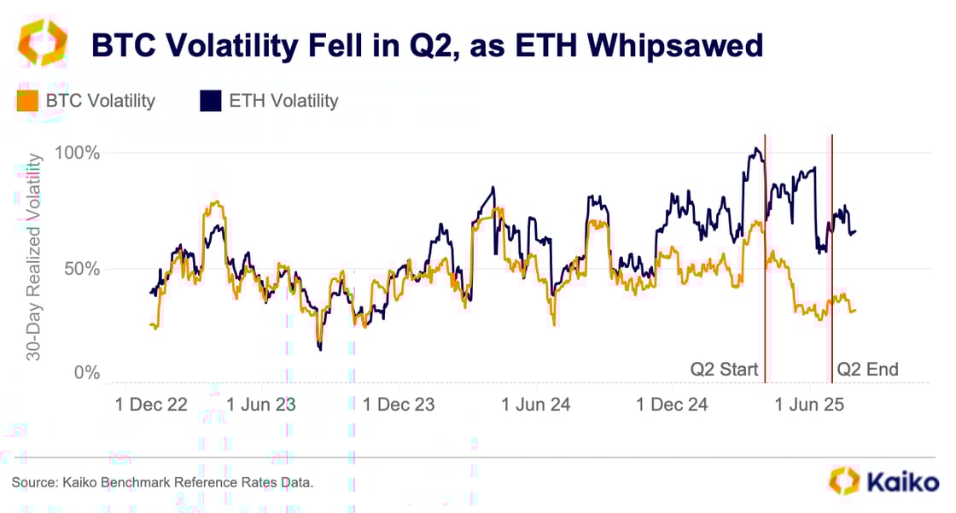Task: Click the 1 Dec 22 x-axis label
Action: click(151, 405)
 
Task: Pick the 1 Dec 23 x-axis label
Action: click(399, 405)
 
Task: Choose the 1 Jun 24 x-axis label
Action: click(536, 405)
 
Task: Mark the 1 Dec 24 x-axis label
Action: click(673, 405)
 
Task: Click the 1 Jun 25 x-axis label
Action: click(808, 405)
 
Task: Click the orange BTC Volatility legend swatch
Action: click(26, 102)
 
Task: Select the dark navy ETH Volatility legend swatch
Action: click(210, 102)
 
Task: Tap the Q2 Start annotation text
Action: click(724, 370)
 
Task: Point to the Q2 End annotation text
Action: click(867, 370)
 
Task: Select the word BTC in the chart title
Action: click(124, 45)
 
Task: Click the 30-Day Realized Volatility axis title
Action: click(34, 256)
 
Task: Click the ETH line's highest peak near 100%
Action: click(755, 149)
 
